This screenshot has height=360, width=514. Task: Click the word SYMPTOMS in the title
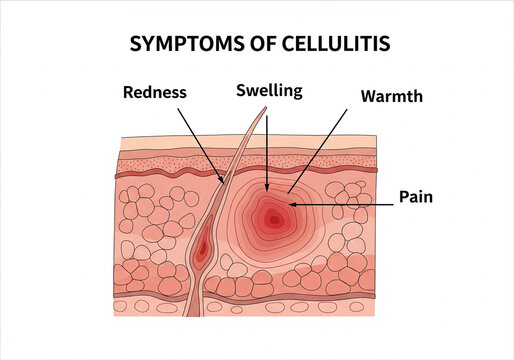click(184, 45)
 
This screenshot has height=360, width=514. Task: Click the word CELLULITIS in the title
click(328, 45)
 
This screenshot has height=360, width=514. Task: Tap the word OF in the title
click(255, 45)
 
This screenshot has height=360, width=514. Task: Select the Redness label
click(155, 93)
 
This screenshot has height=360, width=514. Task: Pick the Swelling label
click(268, 91)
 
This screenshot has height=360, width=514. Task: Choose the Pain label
click(414, 197)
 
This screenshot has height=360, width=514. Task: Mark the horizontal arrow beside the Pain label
click(340, 203)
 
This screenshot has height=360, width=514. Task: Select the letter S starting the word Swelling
click(241, 91)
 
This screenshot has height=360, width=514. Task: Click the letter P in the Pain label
click(402, 197)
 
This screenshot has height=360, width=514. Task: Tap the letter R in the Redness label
click(128, 93)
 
